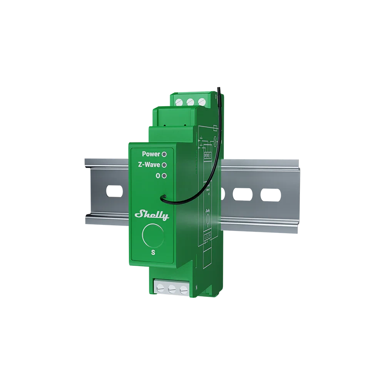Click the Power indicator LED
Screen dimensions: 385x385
(x=164, y=154)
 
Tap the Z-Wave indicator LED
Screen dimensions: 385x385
(x=164, y=165)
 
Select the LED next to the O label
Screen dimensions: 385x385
(x=164, y=176)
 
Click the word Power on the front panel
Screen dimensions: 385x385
(x=151, y=154)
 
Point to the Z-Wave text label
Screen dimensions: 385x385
(x=149, y=165)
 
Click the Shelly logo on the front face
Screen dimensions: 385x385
(x=152, y=216)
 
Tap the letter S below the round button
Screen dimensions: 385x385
(x=153, y=253)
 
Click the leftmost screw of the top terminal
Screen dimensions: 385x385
(x=179, y=102)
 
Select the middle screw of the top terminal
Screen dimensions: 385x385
(x=190, y=102)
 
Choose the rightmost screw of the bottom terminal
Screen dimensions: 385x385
(x=184, y=289)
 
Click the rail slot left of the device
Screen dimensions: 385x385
(x=114, y=191)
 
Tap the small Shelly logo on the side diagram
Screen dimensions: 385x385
(x=208, y=211)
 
